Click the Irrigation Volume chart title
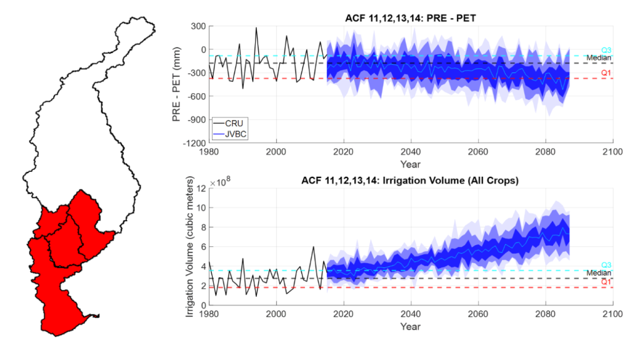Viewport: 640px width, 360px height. pos(410,181)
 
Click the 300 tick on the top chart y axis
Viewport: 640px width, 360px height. pos(199,26)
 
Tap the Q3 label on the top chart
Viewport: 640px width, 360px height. pos(606,50)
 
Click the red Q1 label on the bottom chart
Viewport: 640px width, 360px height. pos(606,282)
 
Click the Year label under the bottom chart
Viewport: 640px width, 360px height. pos(410,326)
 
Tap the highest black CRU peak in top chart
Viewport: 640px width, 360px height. pos(256,27)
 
